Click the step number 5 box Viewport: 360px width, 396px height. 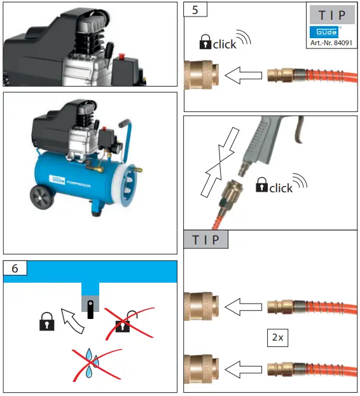[x=193, y=10]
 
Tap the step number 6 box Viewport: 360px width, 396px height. [x=15, y=269]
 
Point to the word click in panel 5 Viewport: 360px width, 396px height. [x=224, y=45]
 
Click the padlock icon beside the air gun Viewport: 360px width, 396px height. [x=261, y=187]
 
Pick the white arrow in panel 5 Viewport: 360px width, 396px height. [x=242, y=77]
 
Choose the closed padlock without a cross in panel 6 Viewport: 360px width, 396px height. [x=46, y=323]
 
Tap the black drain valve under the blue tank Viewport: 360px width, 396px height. [x=91, y=308]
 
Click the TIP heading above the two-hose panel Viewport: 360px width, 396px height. [x=205, y=240]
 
